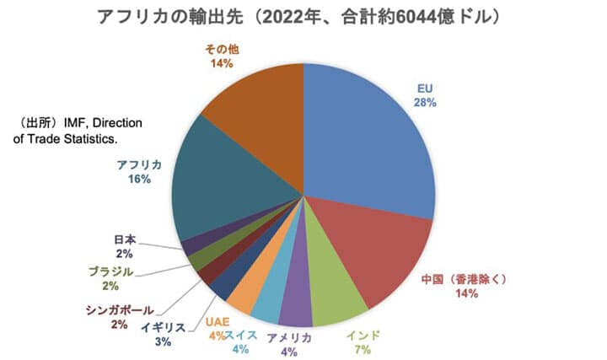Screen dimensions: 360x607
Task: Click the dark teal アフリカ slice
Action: [x=219, y=194]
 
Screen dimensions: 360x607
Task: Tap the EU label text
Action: [x=425, y=88]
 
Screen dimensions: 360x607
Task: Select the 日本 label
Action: [x=124, y=239]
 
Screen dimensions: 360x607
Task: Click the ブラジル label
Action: [x=110, y=271]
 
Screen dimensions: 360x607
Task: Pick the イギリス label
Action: [x=164, y=326]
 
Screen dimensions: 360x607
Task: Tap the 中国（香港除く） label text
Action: [x=465, y=278]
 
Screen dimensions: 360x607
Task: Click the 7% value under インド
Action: [x=363, y=348]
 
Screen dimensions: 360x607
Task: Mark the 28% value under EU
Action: [x=425, y=103]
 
